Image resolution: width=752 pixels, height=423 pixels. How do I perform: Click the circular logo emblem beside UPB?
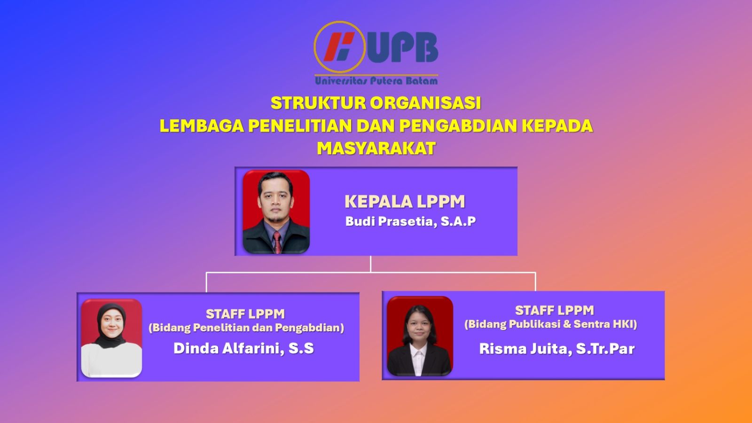(339, 47)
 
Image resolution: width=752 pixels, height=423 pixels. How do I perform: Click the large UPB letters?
(402, 47)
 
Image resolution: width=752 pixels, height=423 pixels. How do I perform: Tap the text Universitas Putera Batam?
(376, 80)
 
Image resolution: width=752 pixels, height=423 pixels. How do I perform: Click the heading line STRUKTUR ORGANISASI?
(376, 103)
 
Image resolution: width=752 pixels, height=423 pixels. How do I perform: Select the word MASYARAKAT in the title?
(376, 148)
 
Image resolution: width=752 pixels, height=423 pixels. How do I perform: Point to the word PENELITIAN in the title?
(300, 125)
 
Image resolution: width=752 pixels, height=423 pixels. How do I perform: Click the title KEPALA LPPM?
(405, 202)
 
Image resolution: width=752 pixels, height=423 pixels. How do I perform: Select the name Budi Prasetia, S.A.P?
(411, 221)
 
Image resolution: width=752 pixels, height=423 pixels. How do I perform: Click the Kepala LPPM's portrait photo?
(276, 212)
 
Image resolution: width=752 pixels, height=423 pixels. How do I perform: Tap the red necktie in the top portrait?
(277, 242)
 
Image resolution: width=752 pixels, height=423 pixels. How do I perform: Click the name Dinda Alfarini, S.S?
(244, 348)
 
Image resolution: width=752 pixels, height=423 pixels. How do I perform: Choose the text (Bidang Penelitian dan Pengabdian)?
(246, 328)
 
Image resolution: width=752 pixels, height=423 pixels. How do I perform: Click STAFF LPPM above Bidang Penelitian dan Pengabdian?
(245, 314)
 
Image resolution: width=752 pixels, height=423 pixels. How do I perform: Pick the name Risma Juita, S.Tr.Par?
(557, 348)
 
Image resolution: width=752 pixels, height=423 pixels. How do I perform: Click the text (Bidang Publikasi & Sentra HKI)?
(551, 324)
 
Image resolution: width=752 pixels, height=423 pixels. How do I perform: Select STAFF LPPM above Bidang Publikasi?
(555, 310)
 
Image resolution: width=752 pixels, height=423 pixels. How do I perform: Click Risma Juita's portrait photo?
(420, 336)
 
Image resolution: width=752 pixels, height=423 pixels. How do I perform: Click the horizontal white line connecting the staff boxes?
(371, 273)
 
